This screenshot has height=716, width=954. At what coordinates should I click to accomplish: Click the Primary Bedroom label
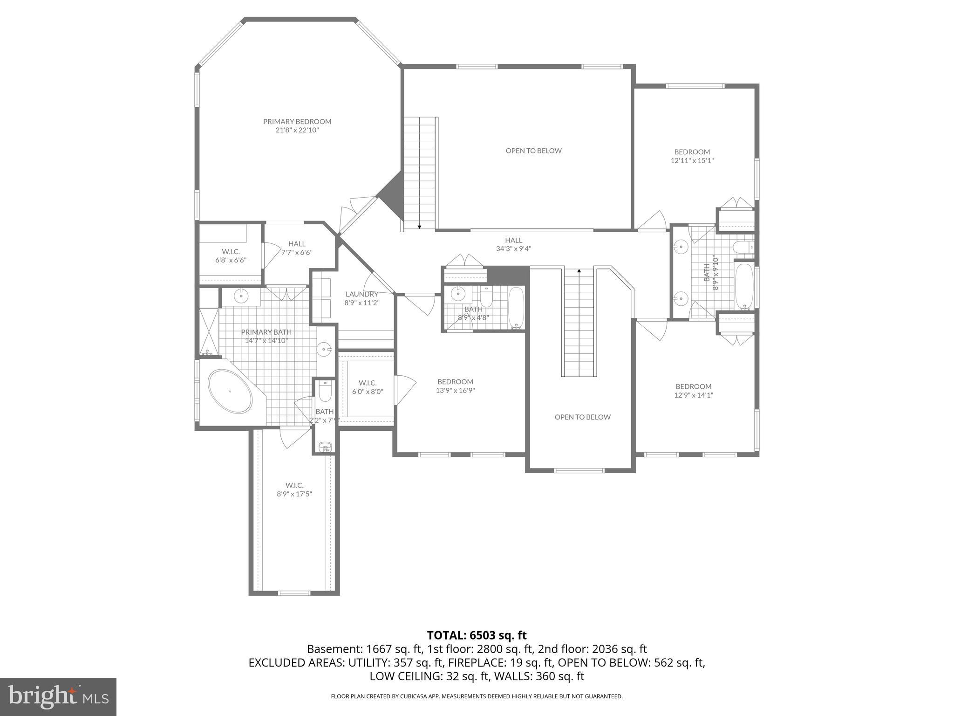[x=297, y=122]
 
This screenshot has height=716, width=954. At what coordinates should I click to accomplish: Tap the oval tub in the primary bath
[x=230, y=391]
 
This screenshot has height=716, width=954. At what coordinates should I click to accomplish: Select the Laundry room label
[x=362, y=294]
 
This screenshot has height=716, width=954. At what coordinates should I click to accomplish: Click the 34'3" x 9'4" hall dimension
[x=513, y=249]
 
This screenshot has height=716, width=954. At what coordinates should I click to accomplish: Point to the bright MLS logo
[x=58, y=696]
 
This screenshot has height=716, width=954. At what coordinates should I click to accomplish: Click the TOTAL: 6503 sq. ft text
[x=477, y=635]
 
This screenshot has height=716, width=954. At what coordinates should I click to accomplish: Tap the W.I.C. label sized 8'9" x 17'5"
[x=294, y=485]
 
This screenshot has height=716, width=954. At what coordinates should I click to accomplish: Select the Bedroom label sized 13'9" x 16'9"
[x=455, y=382]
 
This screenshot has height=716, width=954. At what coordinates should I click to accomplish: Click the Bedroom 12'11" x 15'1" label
[x=692, y=152]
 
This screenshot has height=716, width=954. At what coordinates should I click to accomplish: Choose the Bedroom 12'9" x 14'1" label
[x=694, y=386]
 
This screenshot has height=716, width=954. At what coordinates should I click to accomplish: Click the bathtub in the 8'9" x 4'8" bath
[x=516, y=308]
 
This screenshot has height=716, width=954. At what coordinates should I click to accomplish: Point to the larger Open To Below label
[x=533, y=151]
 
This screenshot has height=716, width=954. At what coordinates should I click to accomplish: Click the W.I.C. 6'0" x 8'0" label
[x=368, y=383]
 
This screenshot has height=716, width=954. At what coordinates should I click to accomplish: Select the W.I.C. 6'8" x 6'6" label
[x=231, y=252]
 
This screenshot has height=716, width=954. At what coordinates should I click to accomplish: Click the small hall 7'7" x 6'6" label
[x=297, y=244]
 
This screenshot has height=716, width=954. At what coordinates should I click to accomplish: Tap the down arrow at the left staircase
[x=419, y=227]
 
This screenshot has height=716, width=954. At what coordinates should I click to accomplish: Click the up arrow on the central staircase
[x=579, y=270]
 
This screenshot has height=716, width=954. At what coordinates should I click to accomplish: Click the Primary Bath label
[x=266, y=332]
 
